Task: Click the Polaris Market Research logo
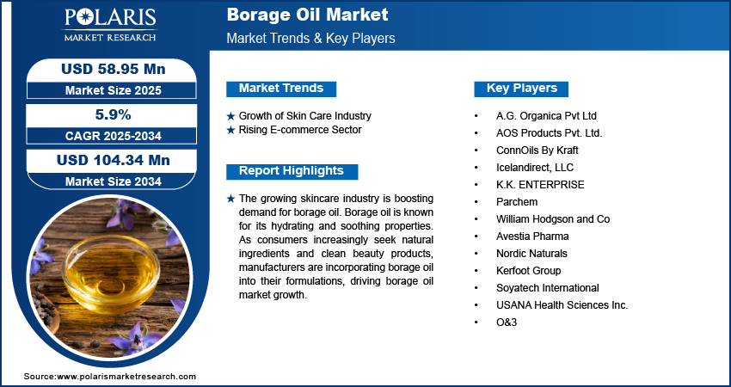(110, 25)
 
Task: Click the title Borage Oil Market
(307, 15)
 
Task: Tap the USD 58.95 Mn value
(114, 69)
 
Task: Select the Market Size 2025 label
(114, 90)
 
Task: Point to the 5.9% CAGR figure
(114, 114)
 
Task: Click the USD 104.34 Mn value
(114, 160)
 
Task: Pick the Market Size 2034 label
(114, 181)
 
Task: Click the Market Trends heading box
(281, 89)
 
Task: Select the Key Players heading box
(521, 89)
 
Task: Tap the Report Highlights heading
(292, 171)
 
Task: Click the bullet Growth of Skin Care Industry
(305, 115)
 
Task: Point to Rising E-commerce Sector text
(300, 130)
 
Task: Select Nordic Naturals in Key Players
(531, 254)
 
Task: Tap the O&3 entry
(507, 322)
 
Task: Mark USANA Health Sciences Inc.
(562, 305)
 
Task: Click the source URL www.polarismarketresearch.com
(126, 377)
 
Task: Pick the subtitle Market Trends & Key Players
(311, 38)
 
